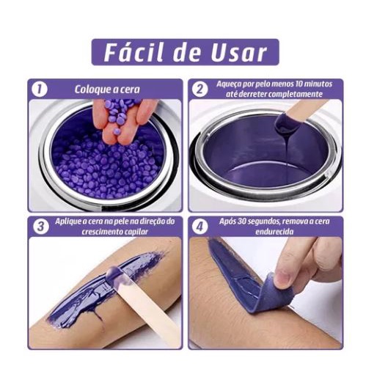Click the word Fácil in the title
(133, 53)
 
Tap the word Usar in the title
(239, 53)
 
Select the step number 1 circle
(40, 89)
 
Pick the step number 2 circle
(200, 89)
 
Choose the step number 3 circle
(41, 227)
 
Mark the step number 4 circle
(200, 227)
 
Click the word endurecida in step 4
(274, 232)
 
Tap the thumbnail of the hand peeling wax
(282, 277)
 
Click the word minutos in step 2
(318, 84)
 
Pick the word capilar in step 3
(136, 232)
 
